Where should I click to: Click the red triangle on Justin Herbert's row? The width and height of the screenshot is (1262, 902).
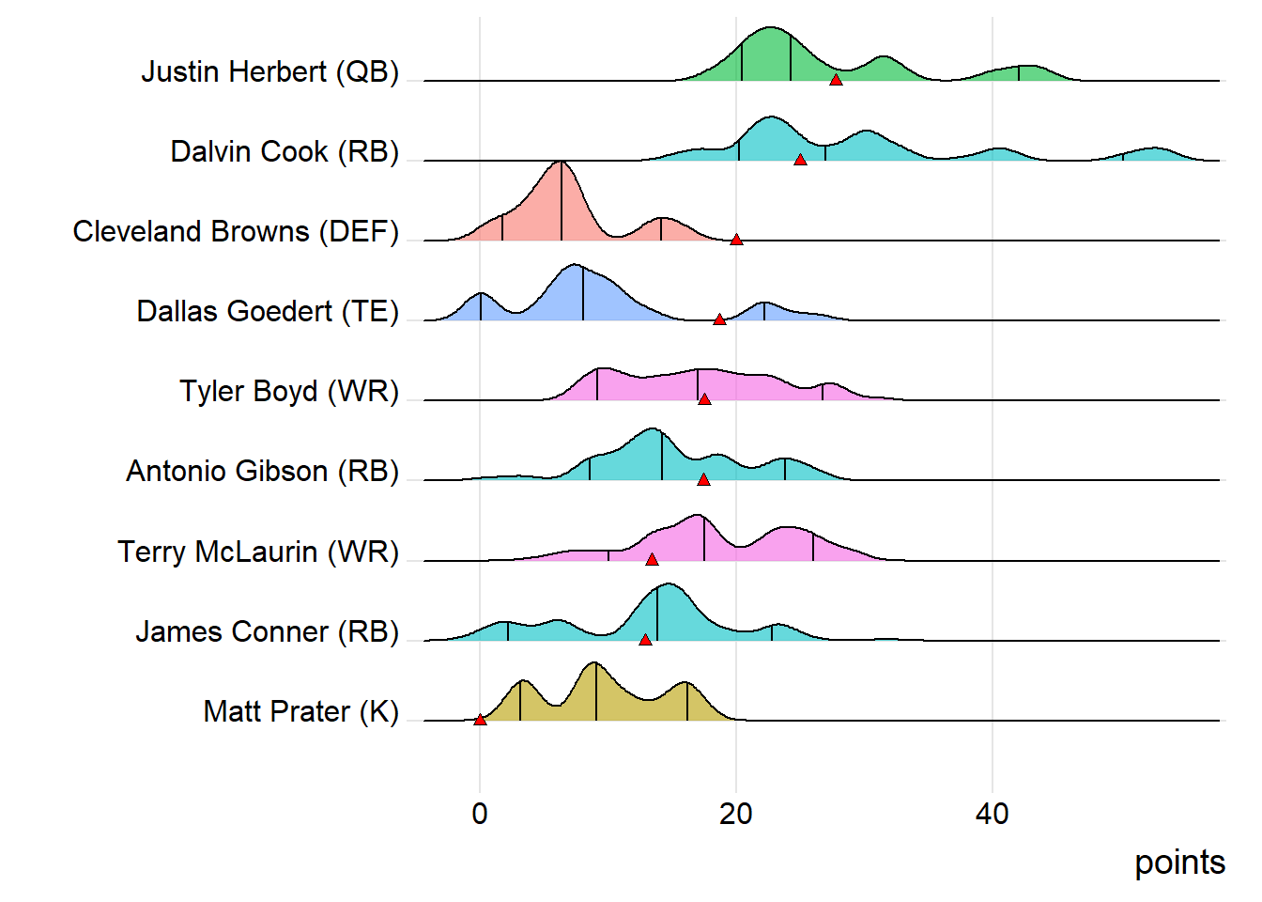836,80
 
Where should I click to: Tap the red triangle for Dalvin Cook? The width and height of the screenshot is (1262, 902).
800,160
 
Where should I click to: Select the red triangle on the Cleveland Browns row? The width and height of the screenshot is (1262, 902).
736,240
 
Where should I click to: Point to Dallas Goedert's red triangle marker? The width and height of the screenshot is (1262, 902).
719,319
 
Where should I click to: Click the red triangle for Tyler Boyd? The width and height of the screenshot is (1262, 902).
704,399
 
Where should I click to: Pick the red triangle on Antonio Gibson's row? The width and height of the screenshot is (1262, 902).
703,479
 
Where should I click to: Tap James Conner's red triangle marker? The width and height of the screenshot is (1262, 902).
645,640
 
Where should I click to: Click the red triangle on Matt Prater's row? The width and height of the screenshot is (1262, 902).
480,720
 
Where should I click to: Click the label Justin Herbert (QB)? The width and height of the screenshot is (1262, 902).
270,71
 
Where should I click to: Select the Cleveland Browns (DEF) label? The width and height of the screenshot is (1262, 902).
236,231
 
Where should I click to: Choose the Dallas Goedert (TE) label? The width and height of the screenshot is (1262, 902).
268,311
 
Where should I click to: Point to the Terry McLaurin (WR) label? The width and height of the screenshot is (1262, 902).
258,552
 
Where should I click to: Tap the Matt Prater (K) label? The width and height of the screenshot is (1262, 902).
300,711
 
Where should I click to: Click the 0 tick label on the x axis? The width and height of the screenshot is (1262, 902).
480,814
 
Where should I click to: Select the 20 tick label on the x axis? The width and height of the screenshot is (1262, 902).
736,814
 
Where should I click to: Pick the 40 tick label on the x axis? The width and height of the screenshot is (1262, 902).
993,814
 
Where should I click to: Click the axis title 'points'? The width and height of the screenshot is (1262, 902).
1179,863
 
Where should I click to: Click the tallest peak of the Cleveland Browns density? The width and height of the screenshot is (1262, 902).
562,163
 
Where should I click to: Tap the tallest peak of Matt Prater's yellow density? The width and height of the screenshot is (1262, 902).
593,664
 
